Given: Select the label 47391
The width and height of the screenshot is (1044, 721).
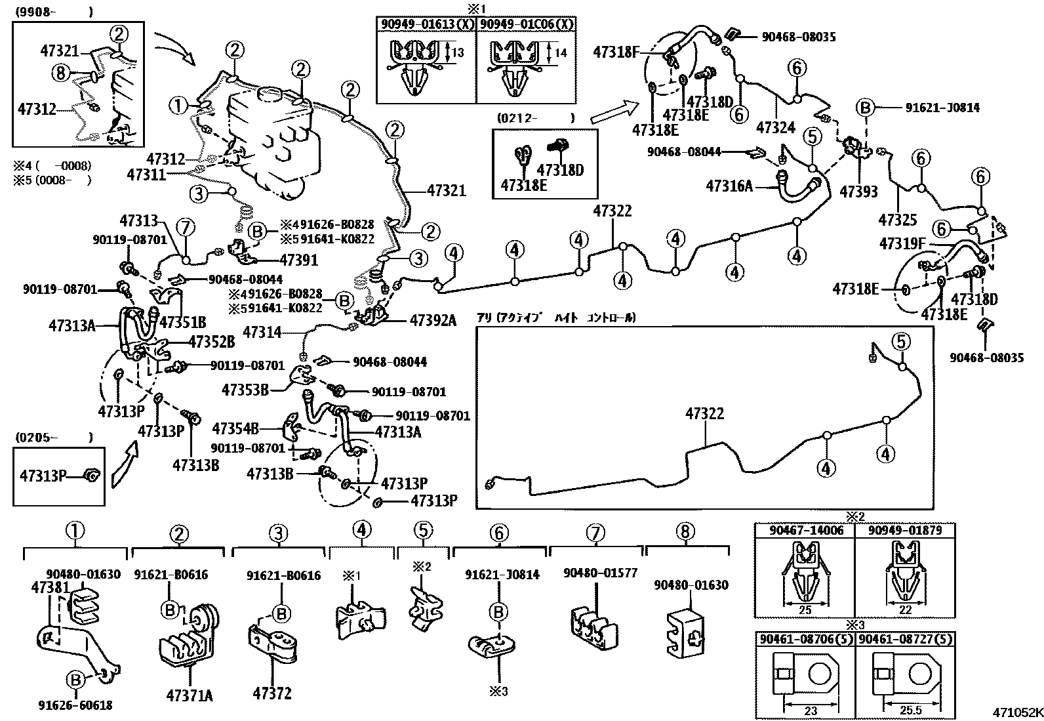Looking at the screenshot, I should pos(298,260).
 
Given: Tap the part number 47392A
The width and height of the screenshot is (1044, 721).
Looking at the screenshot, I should pos(433,320).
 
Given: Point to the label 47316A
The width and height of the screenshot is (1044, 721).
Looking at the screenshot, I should pos(729,186).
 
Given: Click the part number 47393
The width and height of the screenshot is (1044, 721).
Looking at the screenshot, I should pos(858,192).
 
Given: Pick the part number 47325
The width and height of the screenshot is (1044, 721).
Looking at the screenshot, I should pos(898,219).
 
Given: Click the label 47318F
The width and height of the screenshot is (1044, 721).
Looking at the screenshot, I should pos(616,52).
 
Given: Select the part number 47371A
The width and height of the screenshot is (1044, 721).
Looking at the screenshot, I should pos(190,695).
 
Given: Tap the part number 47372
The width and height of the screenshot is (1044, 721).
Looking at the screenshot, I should pos(271,693).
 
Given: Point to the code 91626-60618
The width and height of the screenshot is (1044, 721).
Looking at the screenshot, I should pos(75,705).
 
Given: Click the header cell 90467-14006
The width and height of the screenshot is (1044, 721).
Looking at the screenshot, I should pos(805,529).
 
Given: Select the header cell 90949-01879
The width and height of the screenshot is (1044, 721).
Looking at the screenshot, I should pos(905,529).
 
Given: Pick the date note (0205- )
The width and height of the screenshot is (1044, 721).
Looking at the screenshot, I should pos(52,438).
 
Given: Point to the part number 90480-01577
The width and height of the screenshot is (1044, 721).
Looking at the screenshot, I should pos(600,573).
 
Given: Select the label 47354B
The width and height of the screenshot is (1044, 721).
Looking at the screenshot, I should pos(235,429).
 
